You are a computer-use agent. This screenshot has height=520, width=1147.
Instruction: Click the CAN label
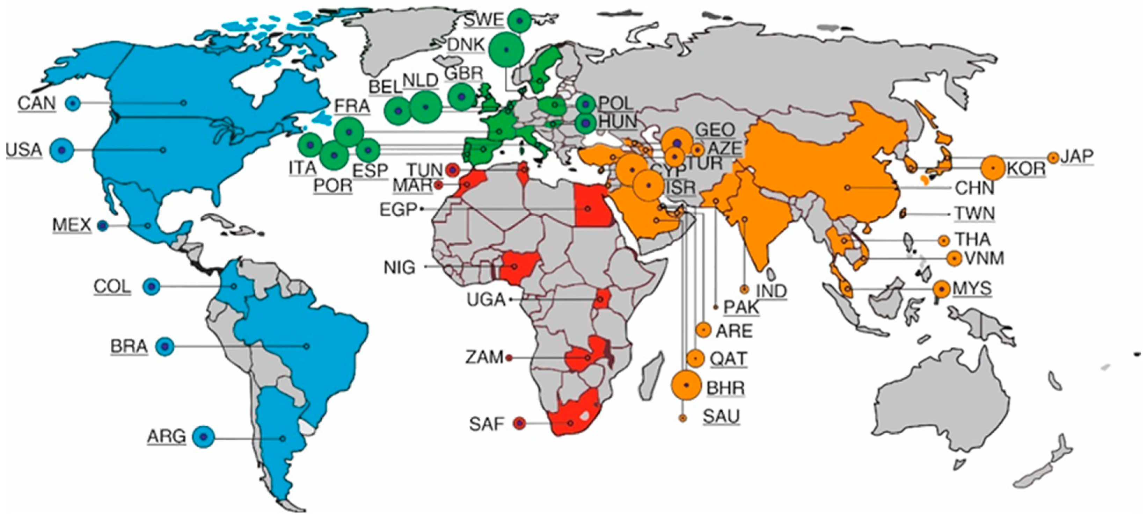point(37,103)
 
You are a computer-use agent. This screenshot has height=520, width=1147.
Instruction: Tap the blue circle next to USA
point(62,150)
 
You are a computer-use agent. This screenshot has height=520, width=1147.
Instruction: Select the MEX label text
point(72,225)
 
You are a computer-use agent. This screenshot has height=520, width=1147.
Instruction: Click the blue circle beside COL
point(151,286)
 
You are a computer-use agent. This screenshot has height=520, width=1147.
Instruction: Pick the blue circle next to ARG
point(203,437)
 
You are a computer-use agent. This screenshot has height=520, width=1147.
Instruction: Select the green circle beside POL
point(585,104)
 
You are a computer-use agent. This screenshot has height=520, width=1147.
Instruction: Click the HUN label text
point(617,121)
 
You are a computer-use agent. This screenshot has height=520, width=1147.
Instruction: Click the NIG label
point(400,268)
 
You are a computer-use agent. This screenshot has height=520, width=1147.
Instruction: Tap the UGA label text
point(486,300)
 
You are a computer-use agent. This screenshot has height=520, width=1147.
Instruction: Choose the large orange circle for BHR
point(686,385)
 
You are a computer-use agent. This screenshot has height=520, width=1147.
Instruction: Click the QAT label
point(728,358)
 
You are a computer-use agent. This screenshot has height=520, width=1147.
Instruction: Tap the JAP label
point(1076,157)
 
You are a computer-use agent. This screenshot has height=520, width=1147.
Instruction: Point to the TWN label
point(974,214)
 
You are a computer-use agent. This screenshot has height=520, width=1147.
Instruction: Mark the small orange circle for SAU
point(682,418)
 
